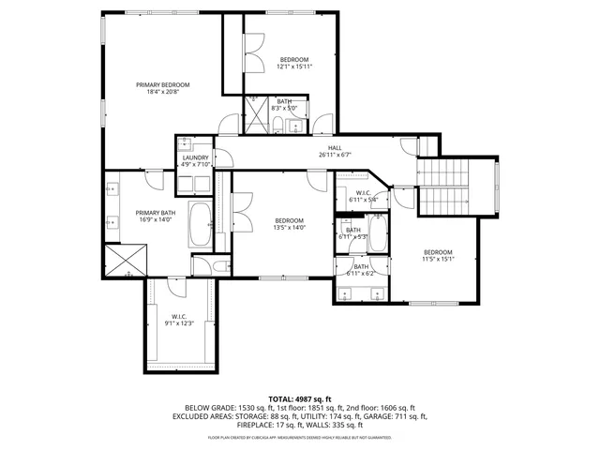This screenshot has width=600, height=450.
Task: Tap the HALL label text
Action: [x=334, y=150]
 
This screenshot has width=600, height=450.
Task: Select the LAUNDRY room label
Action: [x=196, y=160]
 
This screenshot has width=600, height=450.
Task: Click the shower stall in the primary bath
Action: [x=125, y=260]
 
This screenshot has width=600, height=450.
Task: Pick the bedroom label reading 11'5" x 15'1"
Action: [x=438, y=256]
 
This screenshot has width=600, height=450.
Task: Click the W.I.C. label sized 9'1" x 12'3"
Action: [x=179, y=319]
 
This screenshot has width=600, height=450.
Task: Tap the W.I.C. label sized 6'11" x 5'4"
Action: [x=363, y=195]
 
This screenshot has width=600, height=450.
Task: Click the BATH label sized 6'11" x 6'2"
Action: [x=361, y=270]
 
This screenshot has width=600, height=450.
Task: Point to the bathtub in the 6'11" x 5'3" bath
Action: [x=377, y=232]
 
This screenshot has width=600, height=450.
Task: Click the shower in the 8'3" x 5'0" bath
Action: [x=257, y=113]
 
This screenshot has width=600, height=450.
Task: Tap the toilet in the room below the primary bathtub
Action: [x=217, y=266]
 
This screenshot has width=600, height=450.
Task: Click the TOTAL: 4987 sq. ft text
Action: [x=299, y=399]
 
